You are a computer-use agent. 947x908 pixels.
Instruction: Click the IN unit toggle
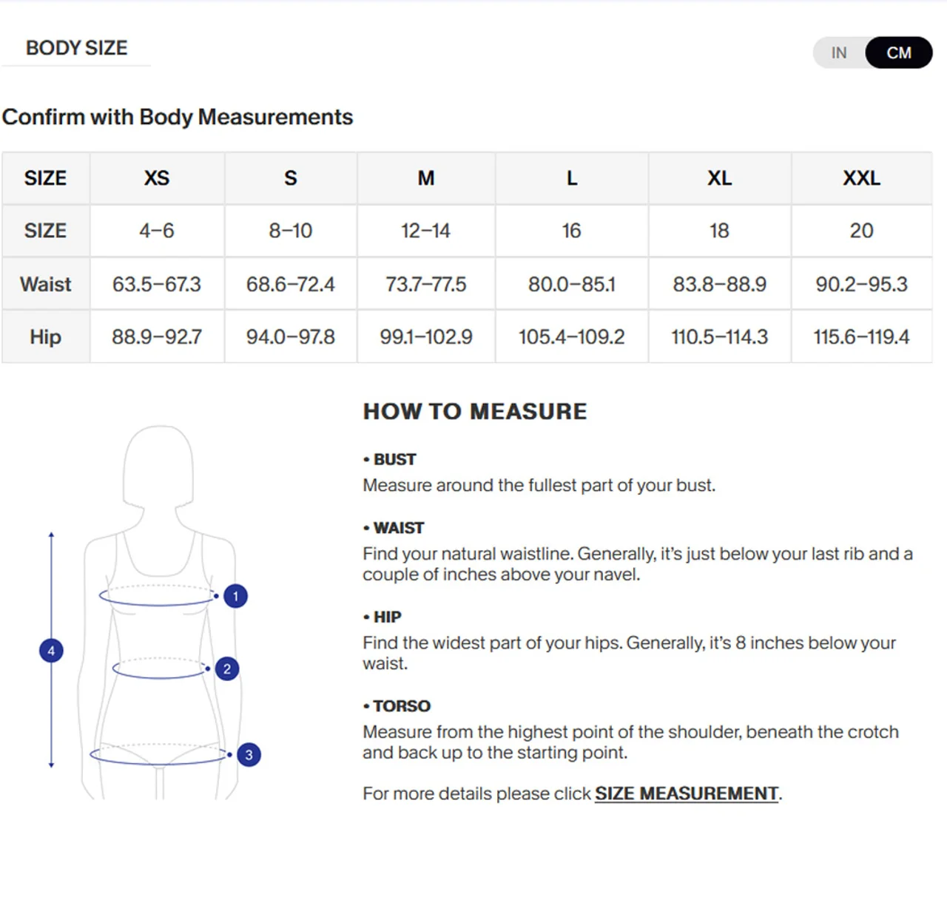pos(839,52)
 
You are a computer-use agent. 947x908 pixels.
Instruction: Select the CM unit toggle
pos(898,52)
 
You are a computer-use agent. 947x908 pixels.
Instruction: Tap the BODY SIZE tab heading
pos(76,47)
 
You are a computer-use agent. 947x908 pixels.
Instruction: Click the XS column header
pos(157,178)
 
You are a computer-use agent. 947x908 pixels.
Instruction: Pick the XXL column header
pos(861,178)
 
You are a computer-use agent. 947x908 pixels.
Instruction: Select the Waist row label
pos(46,284)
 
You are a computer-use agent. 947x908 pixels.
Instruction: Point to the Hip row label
pos(46,336)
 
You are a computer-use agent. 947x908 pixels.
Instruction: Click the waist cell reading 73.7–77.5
pos(426,284)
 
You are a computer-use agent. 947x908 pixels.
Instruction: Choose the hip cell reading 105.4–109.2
pos(571,336)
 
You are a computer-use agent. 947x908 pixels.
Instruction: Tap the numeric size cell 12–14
pos(426,231)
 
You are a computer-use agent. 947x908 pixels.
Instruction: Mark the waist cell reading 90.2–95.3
pos(861,284)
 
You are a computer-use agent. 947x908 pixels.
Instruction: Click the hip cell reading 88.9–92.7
pos(157,336)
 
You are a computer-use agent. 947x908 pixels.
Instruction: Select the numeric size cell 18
pos(719,231)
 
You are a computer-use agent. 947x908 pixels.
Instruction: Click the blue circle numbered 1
pos(235,596)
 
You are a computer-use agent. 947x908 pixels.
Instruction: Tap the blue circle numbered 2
pos(227,668)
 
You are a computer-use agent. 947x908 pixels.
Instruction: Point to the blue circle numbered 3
pos(249,755)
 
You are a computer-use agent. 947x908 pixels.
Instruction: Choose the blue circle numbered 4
pos(51,651)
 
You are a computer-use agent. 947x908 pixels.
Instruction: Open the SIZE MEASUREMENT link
pos(687,793)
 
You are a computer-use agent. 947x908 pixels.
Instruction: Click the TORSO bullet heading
pos(397,706)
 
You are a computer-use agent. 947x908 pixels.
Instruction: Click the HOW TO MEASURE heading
pos(475,411)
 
